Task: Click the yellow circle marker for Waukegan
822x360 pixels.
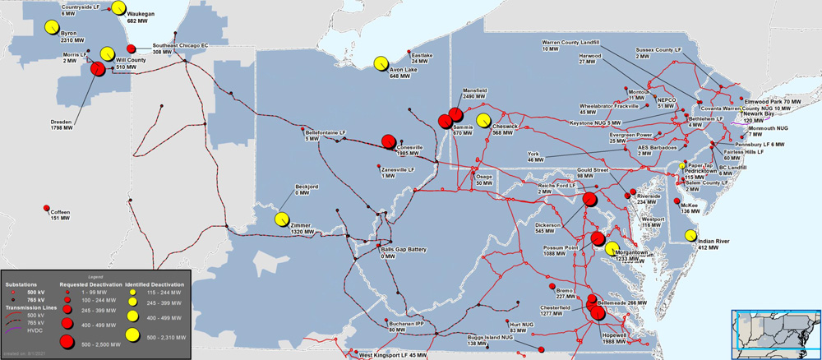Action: pos(118,8)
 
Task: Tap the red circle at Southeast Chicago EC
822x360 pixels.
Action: pos(132,49)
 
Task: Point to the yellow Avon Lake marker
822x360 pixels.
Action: pos(381,63)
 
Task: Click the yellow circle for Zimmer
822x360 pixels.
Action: pos(281,219)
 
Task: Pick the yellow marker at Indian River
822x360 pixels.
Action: pos(690,235)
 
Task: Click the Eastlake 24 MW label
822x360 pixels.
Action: pos(421,58)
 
